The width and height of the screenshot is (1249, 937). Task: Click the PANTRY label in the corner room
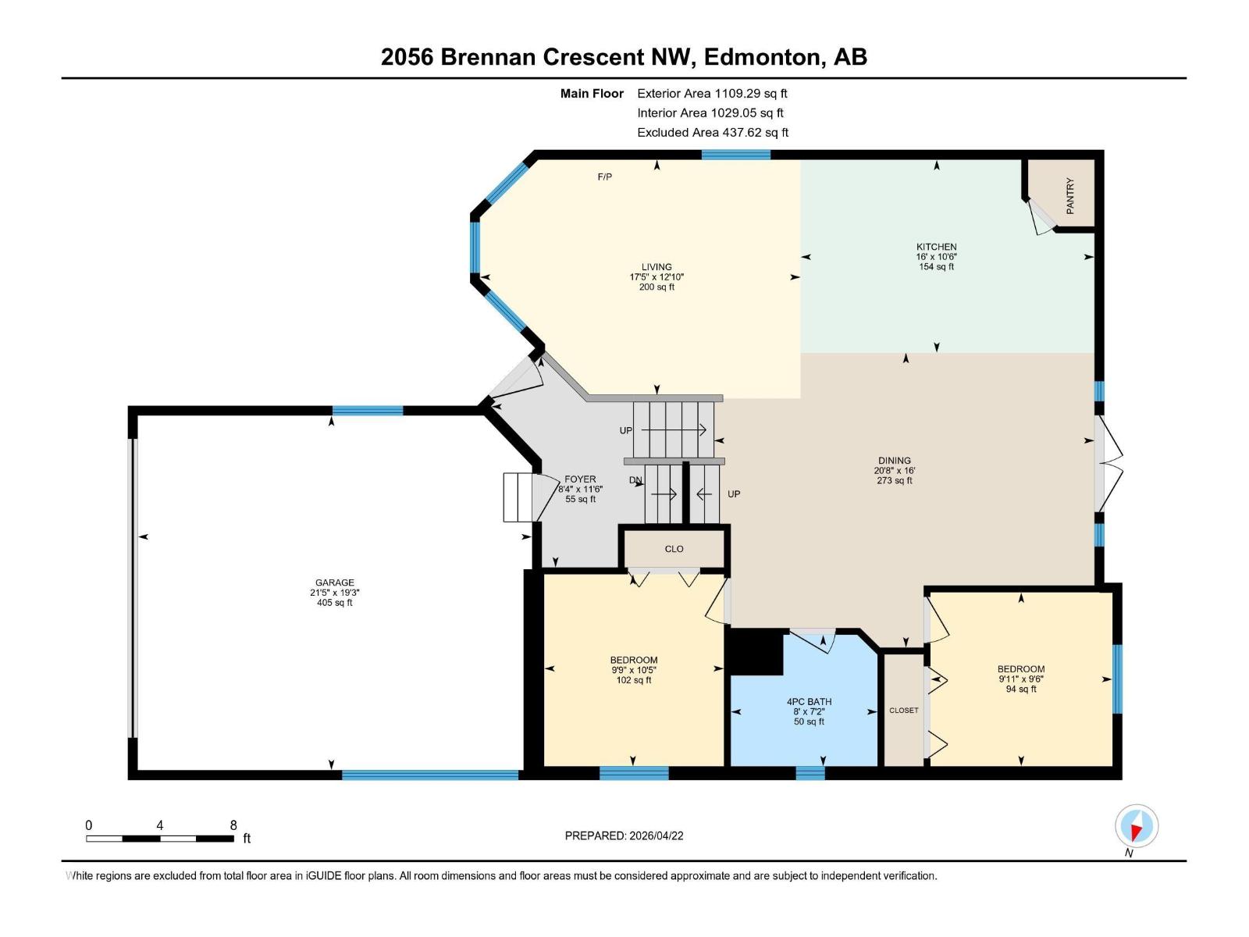click(x=1070, y=195)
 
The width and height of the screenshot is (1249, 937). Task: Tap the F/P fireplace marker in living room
click(x=605, y=177)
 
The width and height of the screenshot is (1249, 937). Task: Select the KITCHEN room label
click(x=936, y=247)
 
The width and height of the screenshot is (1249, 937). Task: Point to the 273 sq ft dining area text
click(x=894, y=481)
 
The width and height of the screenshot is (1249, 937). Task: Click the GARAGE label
click(x=334, y=583)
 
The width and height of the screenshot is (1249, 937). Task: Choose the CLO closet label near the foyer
click(x=674, y=549)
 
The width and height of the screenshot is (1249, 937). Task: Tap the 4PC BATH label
click(x=809, y=702)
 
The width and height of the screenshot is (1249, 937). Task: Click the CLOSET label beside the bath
click(x=903, y=711)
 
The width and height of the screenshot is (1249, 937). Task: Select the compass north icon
click(x=1137, y=826)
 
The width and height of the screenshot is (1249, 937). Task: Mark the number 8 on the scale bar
click(x=233, y=825)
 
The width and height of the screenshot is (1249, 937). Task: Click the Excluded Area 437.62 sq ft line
click(x=712, y=133)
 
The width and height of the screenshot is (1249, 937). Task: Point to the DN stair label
click(x=635, y=481)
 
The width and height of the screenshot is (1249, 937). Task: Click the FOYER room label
click(x=580, y=479)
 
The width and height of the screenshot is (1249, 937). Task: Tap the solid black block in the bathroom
click(x=755, y=652)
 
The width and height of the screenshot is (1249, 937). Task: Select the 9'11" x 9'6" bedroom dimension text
click(x=1020, y=679)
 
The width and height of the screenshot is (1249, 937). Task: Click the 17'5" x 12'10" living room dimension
click(x=657, y=277)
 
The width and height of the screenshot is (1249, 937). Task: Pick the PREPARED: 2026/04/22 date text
click(x=624, y=835)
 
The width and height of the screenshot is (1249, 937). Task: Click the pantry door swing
click(x=1041, y=217)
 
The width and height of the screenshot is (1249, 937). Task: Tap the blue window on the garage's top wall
click(x=368, y=410)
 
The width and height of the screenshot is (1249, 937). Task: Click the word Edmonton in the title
click(x=764, y=57)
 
